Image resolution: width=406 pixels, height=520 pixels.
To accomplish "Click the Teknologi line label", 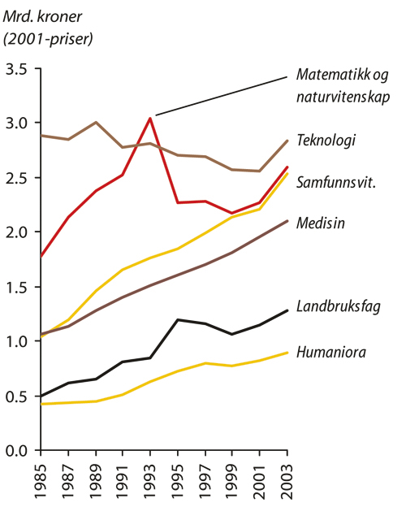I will coord(326,141).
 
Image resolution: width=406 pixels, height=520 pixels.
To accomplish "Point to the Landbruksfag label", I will coord(339,306).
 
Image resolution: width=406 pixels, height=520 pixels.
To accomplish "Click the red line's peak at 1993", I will coord(151,119).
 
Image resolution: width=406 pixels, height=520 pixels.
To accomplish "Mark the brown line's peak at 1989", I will coord(97,123).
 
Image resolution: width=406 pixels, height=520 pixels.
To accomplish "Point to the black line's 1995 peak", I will coord(179,319).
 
